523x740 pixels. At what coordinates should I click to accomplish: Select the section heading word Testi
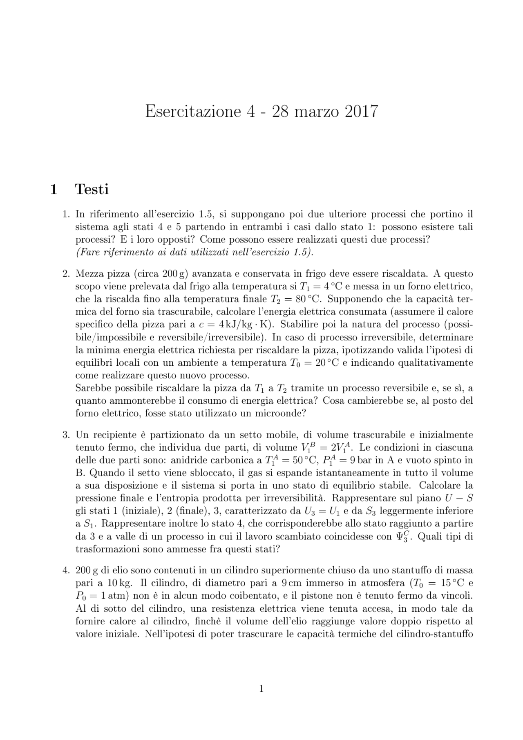click(92, 190)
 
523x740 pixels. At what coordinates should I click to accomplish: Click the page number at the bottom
click(261, 689)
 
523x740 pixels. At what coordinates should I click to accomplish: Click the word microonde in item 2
click(283, 413)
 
